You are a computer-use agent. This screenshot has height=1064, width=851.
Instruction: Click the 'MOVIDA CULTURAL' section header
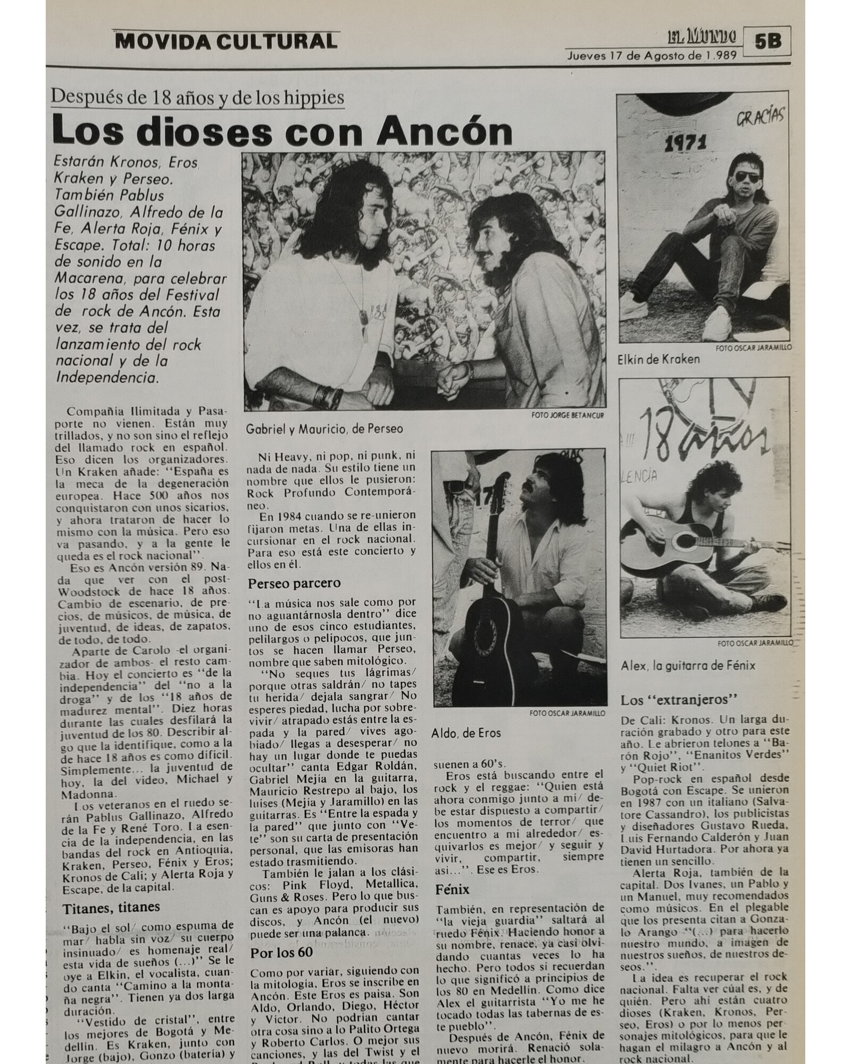(x=226, y=41)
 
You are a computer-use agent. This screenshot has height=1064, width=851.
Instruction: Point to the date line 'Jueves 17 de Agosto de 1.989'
(x=652, y=55)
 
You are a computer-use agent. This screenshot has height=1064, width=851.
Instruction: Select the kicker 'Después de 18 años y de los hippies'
(x=197, y=98)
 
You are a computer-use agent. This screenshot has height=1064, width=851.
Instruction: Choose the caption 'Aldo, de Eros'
(x=466, y=733)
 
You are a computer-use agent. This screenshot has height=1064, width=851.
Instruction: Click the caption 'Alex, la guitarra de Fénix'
(x=688, y=665)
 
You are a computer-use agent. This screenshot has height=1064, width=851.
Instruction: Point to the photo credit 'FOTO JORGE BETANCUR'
(x=568, y=415)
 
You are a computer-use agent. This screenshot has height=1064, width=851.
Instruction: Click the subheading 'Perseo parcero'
(x=294, y=583)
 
